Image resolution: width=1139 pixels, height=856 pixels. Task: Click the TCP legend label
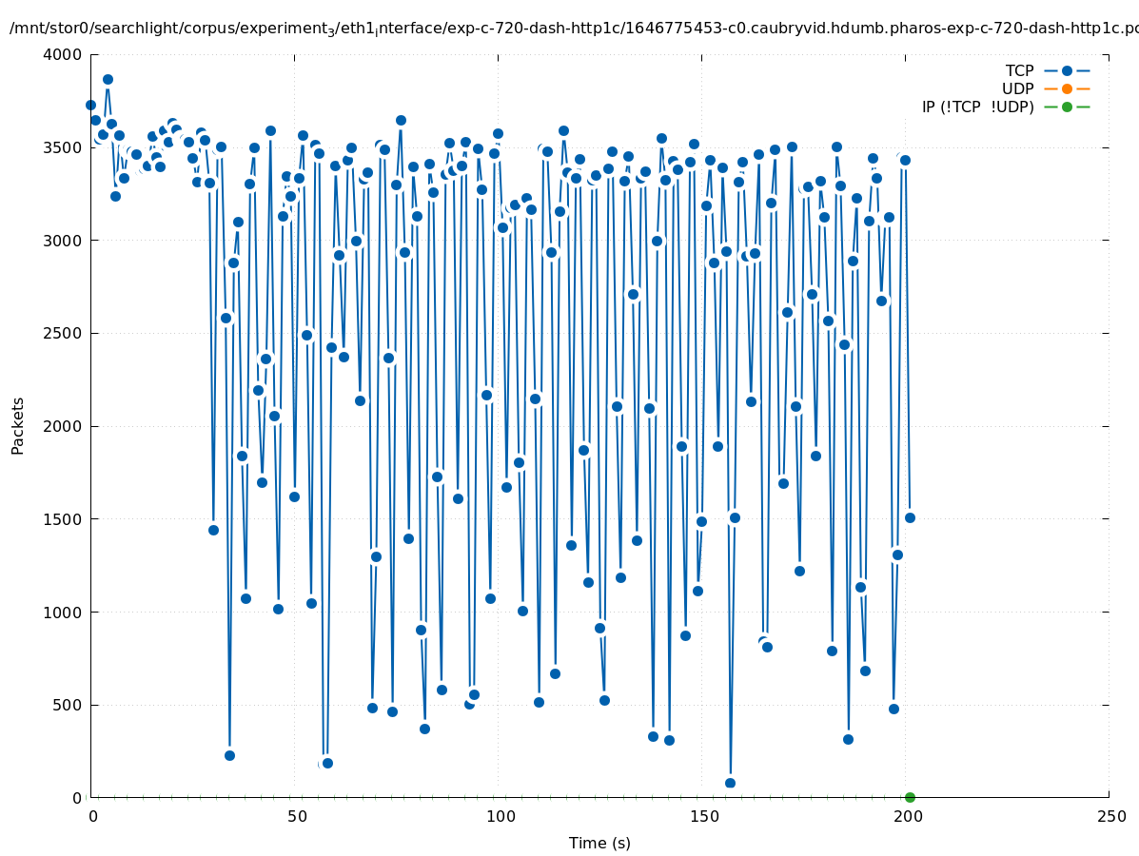coord(1019,71)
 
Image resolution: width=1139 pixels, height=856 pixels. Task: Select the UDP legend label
coord(1017,89)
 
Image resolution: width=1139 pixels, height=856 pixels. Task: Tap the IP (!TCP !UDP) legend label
coord(977,107)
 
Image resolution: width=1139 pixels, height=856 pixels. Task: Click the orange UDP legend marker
coord(1067,89)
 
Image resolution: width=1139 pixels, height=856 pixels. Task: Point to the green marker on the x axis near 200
coord(910,797)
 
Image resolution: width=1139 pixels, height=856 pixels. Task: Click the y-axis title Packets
coord(18,426)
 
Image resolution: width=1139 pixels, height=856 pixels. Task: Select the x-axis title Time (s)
coord(599,844)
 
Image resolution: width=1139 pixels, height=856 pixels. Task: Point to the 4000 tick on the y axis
coord(63,55)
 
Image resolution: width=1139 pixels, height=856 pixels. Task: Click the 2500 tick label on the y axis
coord(63,334)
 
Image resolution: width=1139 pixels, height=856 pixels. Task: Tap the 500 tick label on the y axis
coord(68,706)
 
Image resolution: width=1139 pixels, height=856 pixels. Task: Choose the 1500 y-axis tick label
coord(63,519)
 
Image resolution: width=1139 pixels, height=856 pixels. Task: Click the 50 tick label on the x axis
coord(297,817)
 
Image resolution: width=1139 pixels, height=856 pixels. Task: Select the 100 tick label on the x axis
coord(500,817)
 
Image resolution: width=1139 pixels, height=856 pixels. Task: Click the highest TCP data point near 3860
coord(108,80)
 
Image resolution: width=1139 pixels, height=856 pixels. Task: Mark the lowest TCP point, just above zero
coord(730,783)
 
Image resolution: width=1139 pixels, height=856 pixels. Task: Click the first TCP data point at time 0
coord(90,106)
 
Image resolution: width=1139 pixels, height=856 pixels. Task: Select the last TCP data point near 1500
coord(910,517)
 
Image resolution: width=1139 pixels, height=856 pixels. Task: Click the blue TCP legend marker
coord(1067,71)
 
